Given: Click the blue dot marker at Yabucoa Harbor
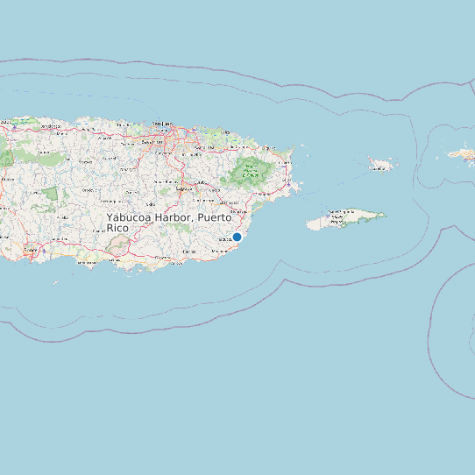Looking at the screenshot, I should [237, 237].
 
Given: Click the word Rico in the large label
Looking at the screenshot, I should [117, 228].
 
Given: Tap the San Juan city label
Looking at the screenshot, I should [162, 124].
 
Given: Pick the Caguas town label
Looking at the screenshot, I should [183, 188].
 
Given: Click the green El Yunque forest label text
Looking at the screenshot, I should [251, 171].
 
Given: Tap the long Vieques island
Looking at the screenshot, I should [346, 218].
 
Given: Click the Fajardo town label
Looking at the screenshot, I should [288, 162].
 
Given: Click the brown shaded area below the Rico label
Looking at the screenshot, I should [117, 246].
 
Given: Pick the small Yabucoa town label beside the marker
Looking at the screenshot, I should [224, 237].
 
